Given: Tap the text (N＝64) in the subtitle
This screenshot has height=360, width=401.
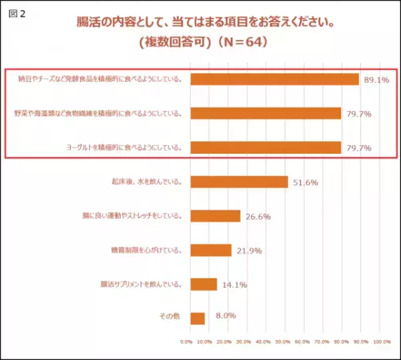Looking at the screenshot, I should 238,42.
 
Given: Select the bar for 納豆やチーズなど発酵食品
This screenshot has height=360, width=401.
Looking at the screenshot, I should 275,79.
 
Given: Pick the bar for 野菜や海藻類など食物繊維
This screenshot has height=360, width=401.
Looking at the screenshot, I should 265,113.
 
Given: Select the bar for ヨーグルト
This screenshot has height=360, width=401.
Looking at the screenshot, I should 265,147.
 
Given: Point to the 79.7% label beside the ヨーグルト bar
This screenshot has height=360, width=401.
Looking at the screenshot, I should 358,148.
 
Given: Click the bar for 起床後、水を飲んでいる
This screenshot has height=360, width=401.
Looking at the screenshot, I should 239,181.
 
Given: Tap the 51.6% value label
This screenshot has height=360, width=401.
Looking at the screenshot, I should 305,182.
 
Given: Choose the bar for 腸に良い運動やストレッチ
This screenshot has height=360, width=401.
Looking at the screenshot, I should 215,215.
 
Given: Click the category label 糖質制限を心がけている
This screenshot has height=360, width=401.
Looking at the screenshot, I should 146,250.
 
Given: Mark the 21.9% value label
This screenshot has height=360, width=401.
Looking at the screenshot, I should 249,251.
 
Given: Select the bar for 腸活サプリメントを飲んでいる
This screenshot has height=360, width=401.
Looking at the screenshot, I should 204,284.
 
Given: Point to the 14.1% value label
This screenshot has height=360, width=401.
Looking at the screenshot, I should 234,285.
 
